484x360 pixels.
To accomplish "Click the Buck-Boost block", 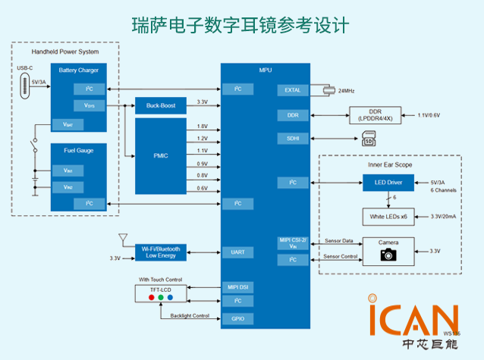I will pyautogui.click(x=161, y=105).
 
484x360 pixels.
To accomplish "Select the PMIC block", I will pyautogui.click(x=161, y=155).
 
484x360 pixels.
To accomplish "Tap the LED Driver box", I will pyautogui.click(x=389, y=183).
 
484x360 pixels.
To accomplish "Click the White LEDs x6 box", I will pyautogui.click(x=389, y=216).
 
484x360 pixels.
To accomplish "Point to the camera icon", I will pyautogui.click(x=388, y=255).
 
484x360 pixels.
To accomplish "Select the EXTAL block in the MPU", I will pyautogui.click(x=292, y=90).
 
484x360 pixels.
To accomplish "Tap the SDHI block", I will pyautogui.click(x=292, y=139).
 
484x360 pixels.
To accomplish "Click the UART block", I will pyautogui.click(x=237, y=252).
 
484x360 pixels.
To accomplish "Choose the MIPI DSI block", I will pyautogui.click(x=237, y=287).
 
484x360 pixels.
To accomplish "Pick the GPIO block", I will pyautogui.click(x=237, y=318).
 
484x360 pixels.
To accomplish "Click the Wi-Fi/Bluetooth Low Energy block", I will pyautogui.click(x=161, y=252).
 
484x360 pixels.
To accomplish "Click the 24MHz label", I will pyautogui.click(x=347, y=90).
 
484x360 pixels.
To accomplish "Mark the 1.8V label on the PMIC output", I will pyautogui.click(x=202, y=126).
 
